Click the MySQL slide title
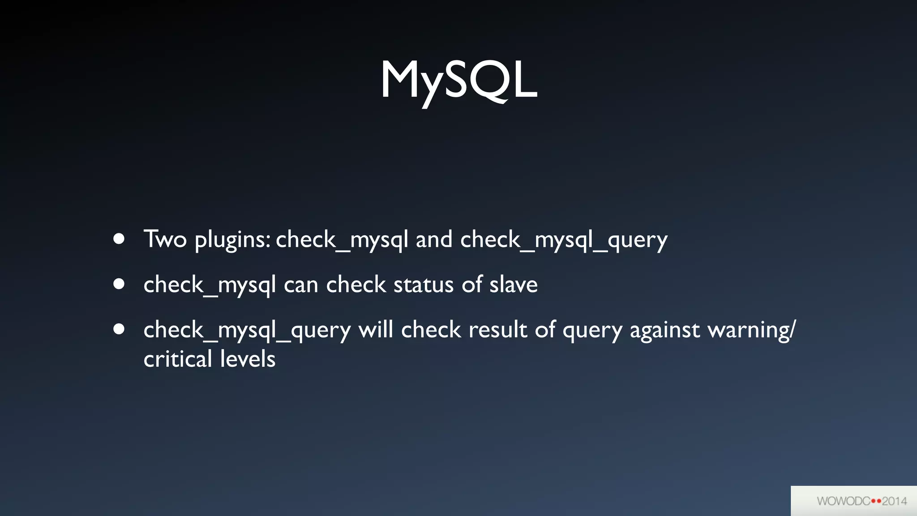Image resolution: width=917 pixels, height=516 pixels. tap(458, 81)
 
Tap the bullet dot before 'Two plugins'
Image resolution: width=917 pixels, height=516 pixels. tap(119, 239)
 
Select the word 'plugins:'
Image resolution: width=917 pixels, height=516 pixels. tap(232, 240)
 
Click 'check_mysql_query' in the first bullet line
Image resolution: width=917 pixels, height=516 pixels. tap(564, 240)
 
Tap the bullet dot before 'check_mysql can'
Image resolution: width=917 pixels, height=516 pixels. tap(119, 284)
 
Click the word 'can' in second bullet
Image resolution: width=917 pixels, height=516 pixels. tap(301, 285)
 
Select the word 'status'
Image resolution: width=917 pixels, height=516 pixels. tap(424, 285)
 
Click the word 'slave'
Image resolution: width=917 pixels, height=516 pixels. tap(513, 285)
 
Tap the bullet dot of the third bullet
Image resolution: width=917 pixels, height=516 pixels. tap(119, 329)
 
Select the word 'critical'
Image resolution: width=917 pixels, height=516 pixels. tap(178, 359)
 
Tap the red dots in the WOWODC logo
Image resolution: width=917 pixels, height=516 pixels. tap(876, 501)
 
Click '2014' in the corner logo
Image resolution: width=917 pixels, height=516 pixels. tap(894, 501)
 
